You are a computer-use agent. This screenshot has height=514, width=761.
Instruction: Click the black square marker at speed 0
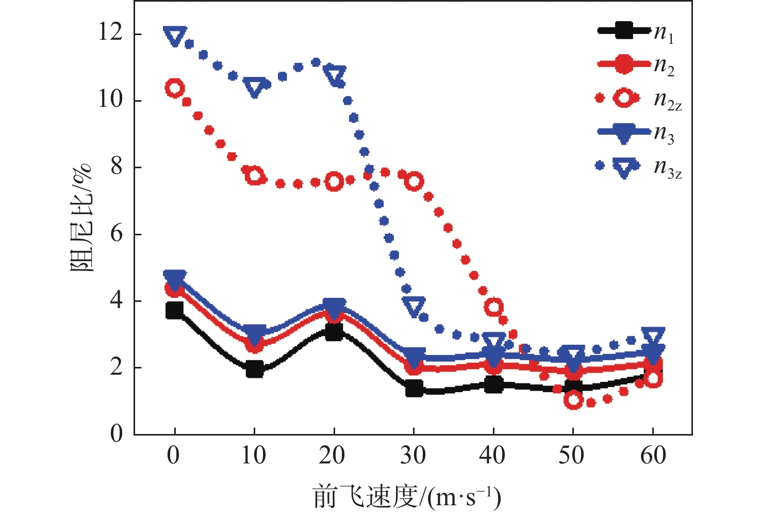(x=174, y=310)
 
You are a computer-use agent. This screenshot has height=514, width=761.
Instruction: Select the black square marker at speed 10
(x=254, y=370)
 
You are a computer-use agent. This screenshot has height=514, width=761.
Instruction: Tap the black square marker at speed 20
(x=334, y=332)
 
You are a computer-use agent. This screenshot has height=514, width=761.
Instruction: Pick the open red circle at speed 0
(x=174, y=88)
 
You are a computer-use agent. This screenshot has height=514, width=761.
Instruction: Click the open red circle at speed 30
(x=414, y=182)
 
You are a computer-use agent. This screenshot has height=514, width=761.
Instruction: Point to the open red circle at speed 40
(x=494, y=308)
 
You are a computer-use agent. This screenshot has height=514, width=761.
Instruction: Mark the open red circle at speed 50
(x=573, y=400)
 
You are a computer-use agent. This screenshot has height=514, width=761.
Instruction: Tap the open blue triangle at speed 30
(x=414, y=307)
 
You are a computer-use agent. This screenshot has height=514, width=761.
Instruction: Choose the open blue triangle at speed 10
(x=254, y=87)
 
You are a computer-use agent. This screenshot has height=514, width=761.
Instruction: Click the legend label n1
(x=664, y=34)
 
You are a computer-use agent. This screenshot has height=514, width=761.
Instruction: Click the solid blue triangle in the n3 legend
(x=624, y=134)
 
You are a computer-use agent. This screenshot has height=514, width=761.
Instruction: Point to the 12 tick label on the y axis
(x=110, y=34)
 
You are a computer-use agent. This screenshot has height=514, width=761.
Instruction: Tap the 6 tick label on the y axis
(x=117, y=234)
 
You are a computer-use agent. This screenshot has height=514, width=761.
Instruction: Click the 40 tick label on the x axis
(x=493, y=455)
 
